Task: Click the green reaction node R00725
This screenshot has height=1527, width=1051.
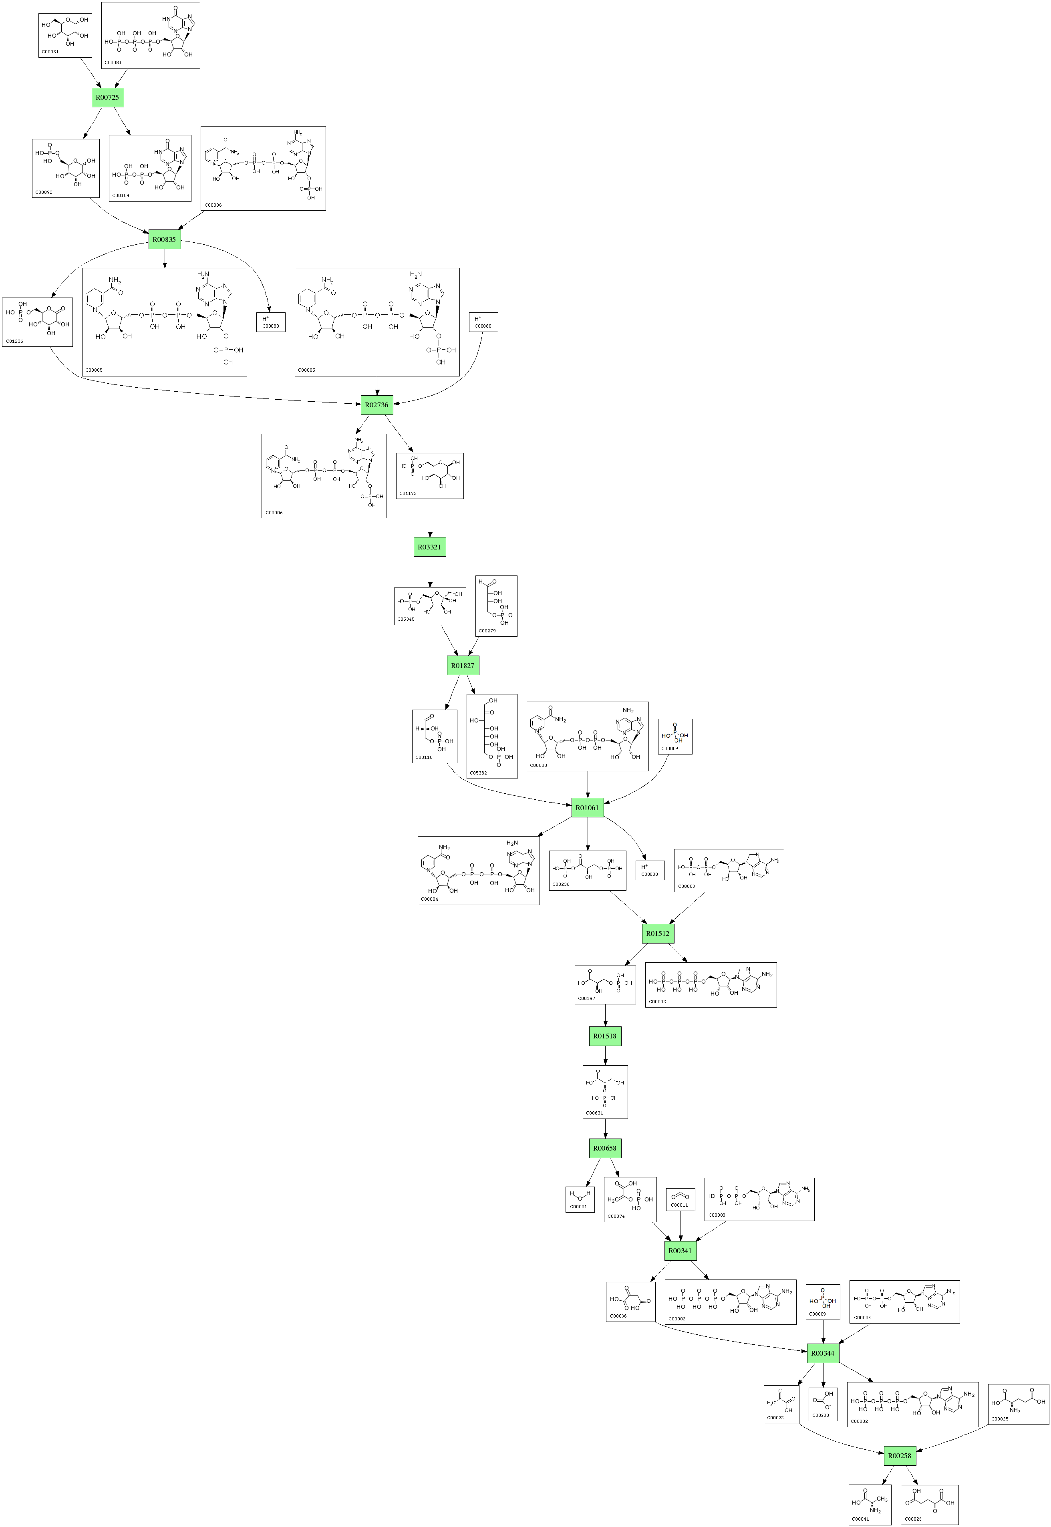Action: (x=107, y=97)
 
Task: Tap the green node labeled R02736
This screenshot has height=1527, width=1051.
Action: (x=377, y=405)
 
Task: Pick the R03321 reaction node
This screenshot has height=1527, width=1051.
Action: (x=429, y=547)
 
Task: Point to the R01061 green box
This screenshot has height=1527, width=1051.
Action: (x=588, y=807)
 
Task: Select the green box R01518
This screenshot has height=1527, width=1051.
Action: (x=604, y=1036)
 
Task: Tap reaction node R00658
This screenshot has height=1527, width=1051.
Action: (x=604, y=1149)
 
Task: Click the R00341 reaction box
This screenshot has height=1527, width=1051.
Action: (x=680, y=1250)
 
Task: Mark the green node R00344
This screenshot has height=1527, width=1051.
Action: (x=822, y=1353)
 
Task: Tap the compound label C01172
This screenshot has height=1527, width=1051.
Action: (x=408, y=493)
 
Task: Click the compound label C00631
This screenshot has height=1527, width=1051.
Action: (x=595, y=1113)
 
